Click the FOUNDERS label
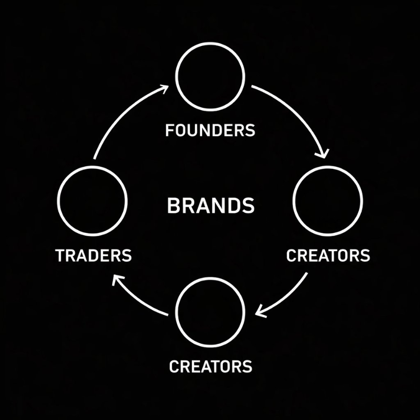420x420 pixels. (x=210, y=130)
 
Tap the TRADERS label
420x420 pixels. (x=93, y=255)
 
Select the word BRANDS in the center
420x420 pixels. (x=210, y=206)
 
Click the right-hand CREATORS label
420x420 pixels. (x=328, y=255)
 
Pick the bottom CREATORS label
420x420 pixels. (x=210, y=366)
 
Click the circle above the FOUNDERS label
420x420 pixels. (x=210, y=42)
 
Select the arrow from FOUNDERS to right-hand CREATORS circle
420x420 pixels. (x=297, y=113)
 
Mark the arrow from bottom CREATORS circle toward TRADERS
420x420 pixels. (x=136, y=299)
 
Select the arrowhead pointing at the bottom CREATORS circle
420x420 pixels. (x=260, y=312)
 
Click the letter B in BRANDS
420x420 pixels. (x=173, y=206)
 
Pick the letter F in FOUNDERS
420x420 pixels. (x=169, y=130)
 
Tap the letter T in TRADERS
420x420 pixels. (x=60, y=255)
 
